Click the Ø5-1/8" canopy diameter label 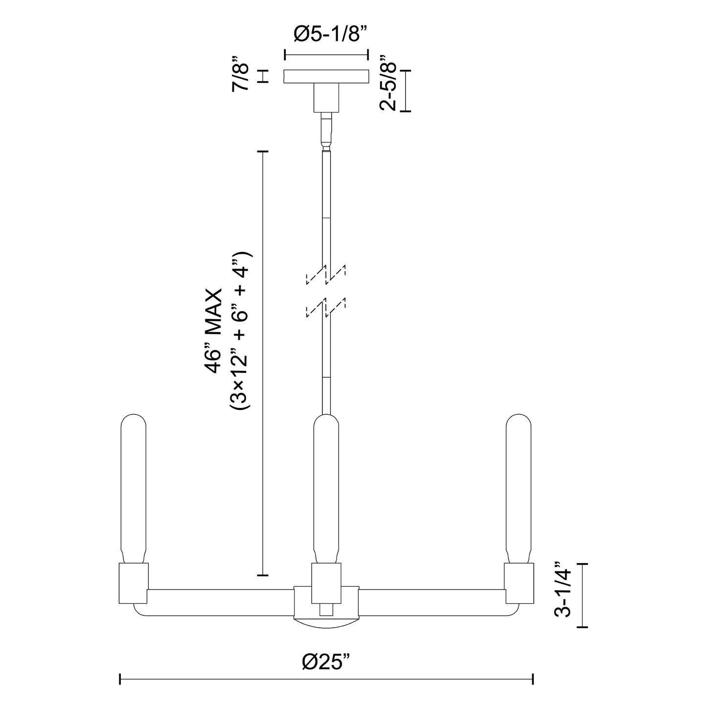[x=326, y=35]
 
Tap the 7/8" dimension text [x=242, y=77]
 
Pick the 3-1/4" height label [x=564, y=595]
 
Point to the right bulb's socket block [x=519, y=583]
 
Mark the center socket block [x=326, y=582]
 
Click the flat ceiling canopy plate [x=326, y=76]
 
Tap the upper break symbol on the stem [x=326, y=274]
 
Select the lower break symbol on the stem [x=326, y=307]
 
